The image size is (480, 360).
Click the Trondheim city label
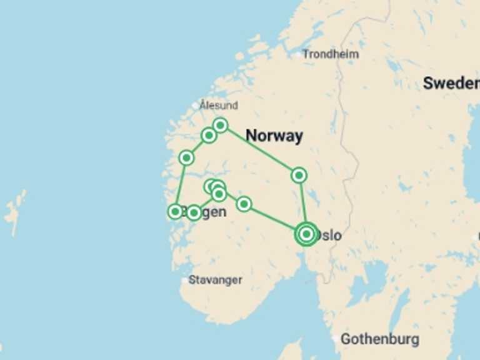[x=331, y=54]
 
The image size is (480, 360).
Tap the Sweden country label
[x=451, y=83]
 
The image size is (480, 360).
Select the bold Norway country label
[x=274, y=136]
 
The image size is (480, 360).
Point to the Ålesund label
[x=219, y=105]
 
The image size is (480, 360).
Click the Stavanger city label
[x=215, y=280]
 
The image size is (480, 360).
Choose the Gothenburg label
[x=379, y=339]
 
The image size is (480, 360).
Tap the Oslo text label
[x=329, y=236]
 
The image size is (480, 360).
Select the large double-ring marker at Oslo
[x=306, y=234]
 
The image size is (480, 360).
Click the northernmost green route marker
[x=220, y=125]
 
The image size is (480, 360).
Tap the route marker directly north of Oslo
[x=299, y=175]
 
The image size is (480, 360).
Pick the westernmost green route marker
[x=176, y=211]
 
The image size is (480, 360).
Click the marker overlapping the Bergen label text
[x=194, y=212]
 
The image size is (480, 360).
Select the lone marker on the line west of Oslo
[x=244, y=204]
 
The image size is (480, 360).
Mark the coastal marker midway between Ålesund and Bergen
[x=186, y=157]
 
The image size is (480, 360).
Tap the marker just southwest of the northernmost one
[x=209, y=135]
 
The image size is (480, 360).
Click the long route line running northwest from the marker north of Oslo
[x=259, y=150]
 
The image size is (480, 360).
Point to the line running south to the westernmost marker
[x=181, y=184]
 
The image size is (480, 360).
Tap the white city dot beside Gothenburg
[x=336, y=339]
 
